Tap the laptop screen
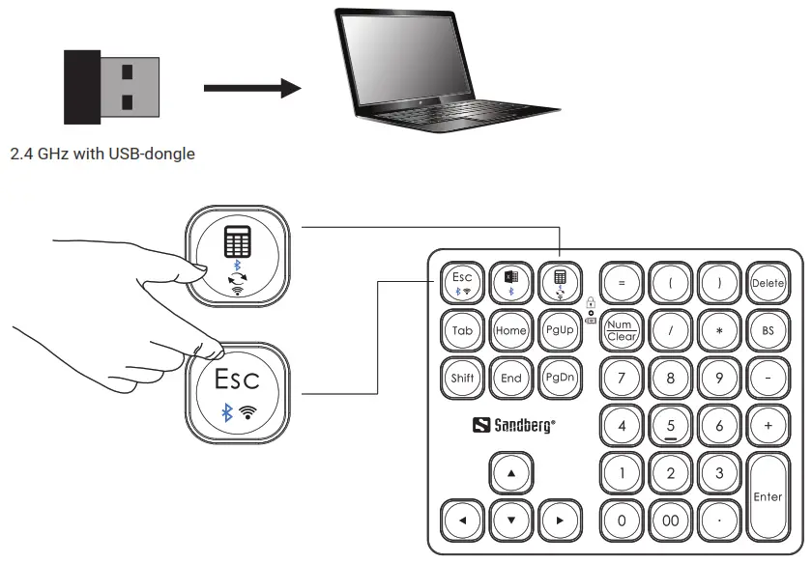coord(400,64)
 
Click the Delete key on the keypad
coord(768,284)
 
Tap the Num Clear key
coord(621,331)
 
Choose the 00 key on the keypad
coord(670,521)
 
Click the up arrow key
coord(510,473)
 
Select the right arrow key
coord(559,521)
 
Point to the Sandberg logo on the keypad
coord(514,425)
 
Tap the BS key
coord(768,331)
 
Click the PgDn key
coord(559,378)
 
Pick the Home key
coord(510,330)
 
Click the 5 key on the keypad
coord(670,425)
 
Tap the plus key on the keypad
coord(768,425)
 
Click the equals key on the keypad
coord(621,284)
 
